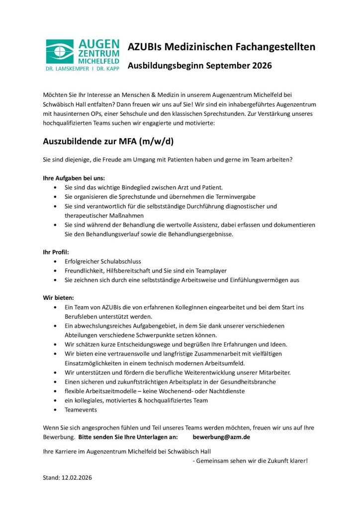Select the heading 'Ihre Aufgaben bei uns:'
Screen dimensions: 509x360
pos(74,177)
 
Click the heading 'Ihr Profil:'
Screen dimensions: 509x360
pos(56,252)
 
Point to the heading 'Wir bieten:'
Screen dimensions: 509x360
pos(58,297)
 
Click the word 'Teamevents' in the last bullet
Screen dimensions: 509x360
pos(81,410)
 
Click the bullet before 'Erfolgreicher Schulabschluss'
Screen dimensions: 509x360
pos(54,261)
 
